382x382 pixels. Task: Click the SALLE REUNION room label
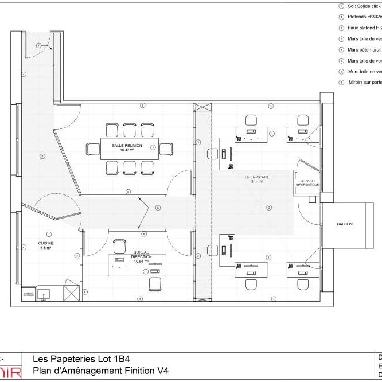(x=127, y=146)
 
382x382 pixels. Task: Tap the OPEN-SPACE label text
(x=257, y=177)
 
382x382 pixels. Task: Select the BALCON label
(x=344, y=224)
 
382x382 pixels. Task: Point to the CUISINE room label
(x=46, y=243)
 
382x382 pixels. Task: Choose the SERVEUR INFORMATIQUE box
(x=306, y=183)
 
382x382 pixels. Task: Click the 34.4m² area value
(x=256, y=182)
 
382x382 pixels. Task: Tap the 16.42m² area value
(x=127, y=150)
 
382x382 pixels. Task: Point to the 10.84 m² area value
(x=141, y=261)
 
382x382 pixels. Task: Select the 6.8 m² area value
(x=46, y=248)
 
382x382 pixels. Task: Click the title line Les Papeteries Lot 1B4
(x=85, y=360)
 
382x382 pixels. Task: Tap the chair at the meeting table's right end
(x=166, y=149)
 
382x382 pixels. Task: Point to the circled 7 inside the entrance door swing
(x=38, y=45)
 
